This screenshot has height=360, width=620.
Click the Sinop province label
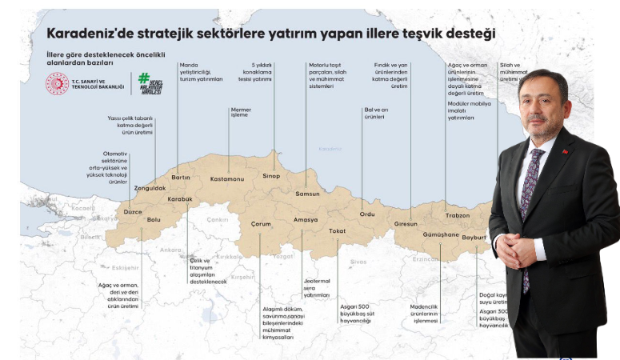[x=271, y=175]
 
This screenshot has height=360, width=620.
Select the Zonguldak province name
[x=150, y=188]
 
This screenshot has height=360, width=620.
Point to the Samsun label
[x=307, y=194]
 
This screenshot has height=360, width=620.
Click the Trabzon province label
[x=457, y=215]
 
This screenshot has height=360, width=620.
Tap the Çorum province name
[x=261, y=224]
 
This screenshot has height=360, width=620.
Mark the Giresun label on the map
[x=406, y=224]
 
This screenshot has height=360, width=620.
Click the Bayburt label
[x=474, y=238]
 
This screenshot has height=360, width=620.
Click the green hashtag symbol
[x=144, y=78]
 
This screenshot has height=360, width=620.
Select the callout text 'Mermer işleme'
[x=240, y=112]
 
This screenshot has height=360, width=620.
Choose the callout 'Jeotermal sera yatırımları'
[x=316, y=287]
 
